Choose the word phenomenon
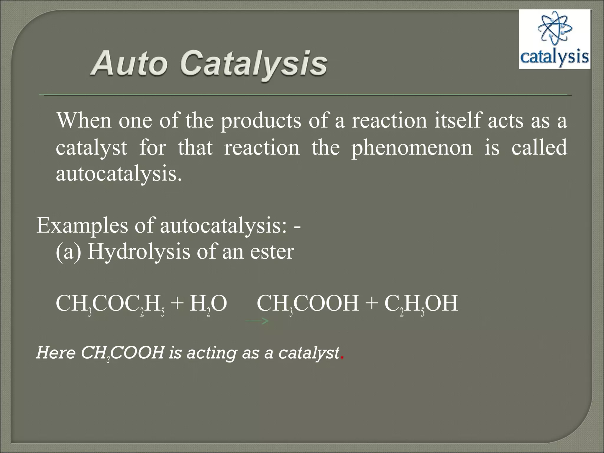(x=412, y=147)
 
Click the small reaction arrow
(x=257, y=321)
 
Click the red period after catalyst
(x=342, y=358)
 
